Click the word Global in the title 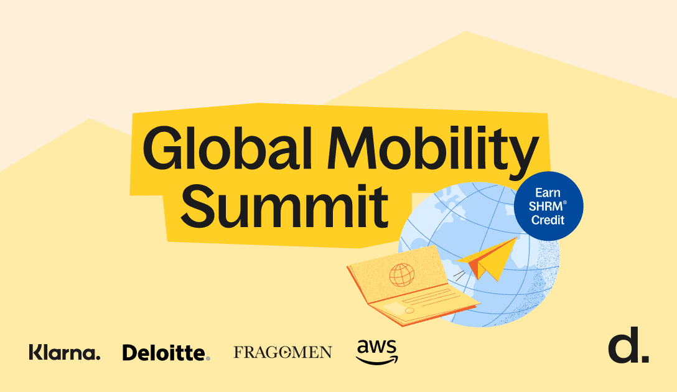pyautogui.click(x=227, y=147)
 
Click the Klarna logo pyautogui.click(x=65, y=352)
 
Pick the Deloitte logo pyautogui.click(x=166, y=352)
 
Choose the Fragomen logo pyautogui.click(x=282, y=352)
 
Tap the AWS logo pyautogui.click(x=377, y=352)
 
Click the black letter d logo pyautogui.click(x=628, y=345)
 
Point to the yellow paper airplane pyautogui.click(x=488, y=259)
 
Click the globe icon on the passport pyautogui.click(x=401, y=275)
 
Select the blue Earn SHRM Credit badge pyautogui.click(x=548, y=206)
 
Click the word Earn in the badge pyautogui.click(x=548, y=192)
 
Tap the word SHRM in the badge pyautogui.click(x=546, y=207)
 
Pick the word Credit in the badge pyautogui.click(x=548, y=220)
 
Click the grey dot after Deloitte pyautogui.click(x=208, y=358)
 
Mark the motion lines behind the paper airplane pyautogui.click(x=459, y=275)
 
